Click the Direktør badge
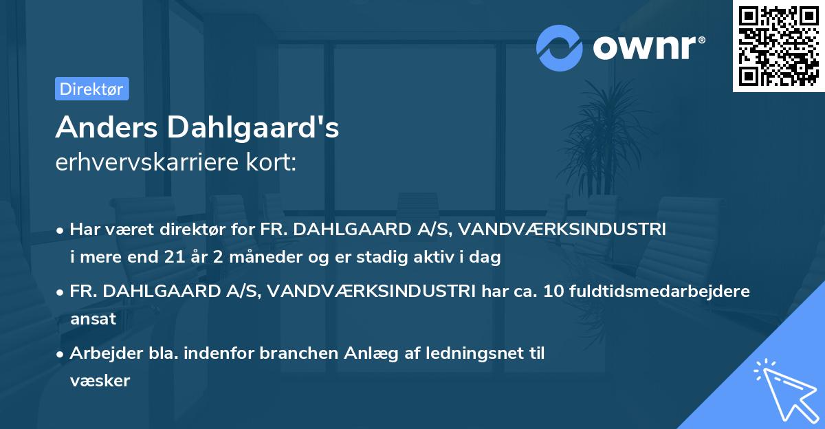tap(91, 89)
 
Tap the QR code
tap(778, 46)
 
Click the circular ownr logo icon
tap(560, 47)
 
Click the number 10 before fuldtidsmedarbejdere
tap(552, 291)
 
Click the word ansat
tap(93, 319)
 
